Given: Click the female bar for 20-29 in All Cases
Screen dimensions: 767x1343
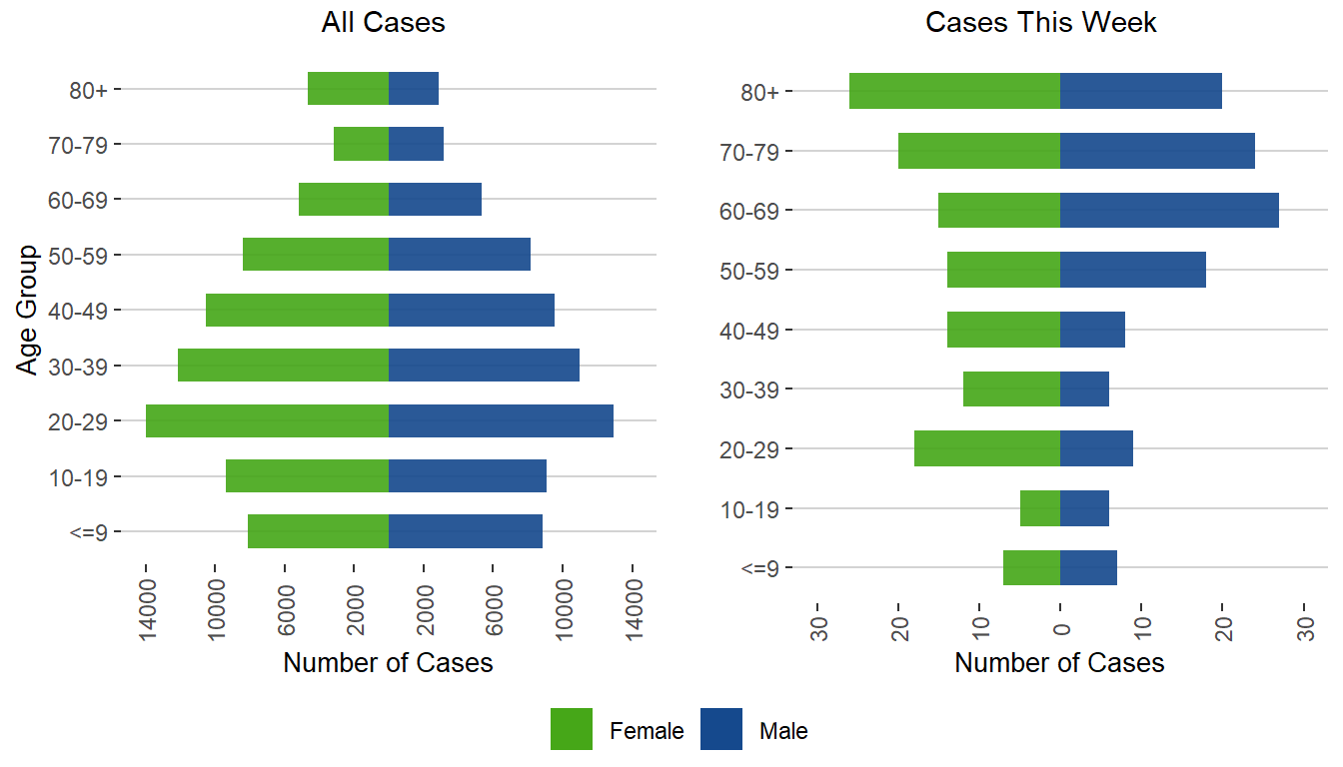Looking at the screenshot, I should [x=267, y=420].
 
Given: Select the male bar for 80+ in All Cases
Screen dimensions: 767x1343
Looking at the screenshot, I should [x=414, y=89].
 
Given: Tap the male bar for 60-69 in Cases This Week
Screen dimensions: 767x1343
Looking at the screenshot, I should [x=1169, y=211].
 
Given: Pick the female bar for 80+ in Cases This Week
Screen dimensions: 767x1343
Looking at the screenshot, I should [x=954, y=91].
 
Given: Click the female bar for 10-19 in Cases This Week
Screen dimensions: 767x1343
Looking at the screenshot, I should [x=1040, y=508].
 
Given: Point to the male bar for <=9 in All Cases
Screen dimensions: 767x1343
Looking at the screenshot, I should [x=466, y=531].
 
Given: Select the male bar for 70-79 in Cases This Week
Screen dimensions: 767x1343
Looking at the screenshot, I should [x=1157, y=151].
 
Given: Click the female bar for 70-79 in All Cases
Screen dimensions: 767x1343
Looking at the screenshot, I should [x=361, y=144].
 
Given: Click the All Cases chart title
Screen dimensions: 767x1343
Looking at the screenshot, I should [x=383, y=23].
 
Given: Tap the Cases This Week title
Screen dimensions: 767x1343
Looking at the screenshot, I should [x=1041, y=23].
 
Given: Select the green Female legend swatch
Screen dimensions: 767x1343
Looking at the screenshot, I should [x=572, y=729].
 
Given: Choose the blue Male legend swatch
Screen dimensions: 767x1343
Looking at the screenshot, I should [x=721, y=729].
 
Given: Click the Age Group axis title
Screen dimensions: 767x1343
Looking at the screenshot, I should [x=28, y=310].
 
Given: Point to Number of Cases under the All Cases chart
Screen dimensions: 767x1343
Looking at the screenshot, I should [x=388, y=663].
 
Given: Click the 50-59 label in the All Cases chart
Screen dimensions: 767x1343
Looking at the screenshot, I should [x=84, y=255].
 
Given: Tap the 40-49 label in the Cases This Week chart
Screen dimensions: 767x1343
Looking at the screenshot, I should [x=755, y=330].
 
